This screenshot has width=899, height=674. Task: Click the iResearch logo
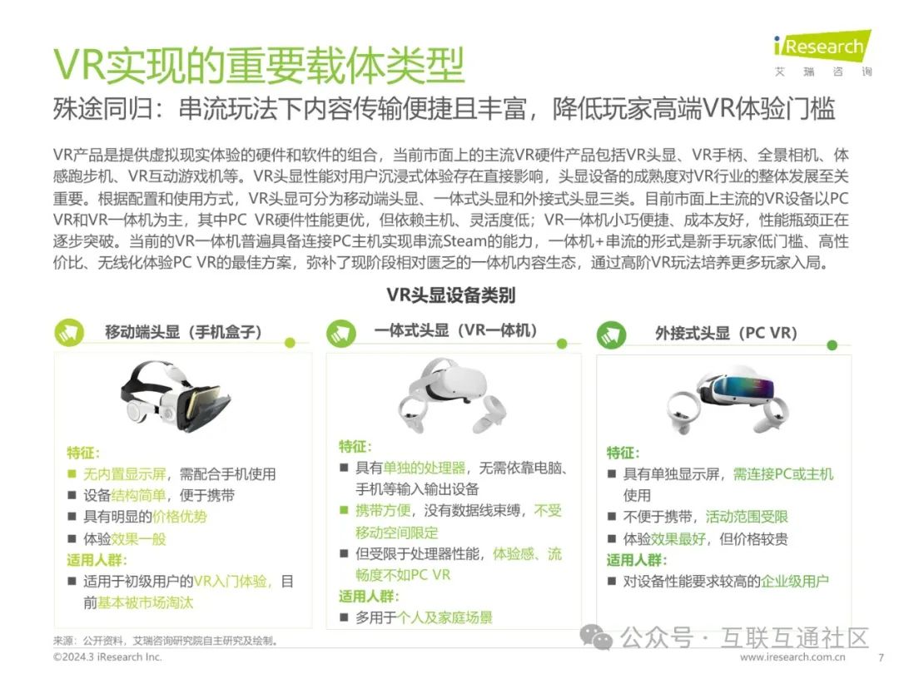(x=822, y=52)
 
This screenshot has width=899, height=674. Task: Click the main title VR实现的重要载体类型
(x=259, y=66)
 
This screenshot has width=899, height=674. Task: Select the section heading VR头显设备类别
(x=450, y=295)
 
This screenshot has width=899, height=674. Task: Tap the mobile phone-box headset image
(x=176, y=395)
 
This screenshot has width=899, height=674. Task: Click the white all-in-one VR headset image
(x=452, y=395)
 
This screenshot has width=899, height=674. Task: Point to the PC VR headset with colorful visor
(x=728, y=399)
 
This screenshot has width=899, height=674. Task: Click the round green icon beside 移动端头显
(x=69, y=332)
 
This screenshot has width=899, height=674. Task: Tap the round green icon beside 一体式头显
(x=341, y=333)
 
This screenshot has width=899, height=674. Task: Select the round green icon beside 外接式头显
(x=611, y=335)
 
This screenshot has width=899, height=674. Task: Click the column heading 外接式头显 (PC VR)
(x=726, y=333)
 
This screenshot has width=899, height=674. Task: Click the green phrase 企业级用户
(x=795, y=581)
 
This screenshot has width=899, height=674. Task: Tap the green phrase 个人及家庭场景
(x=445, y=617)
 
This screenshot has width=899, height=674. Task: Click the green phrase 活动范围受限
(x=747, y=517)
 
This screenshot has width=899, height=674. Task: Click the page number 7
(x=881, y=657)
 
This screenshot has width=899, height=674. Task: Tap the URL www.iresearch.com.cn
(x=792, y=657)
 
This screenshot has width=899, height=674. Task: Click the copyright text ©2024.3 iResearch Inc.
(x=107, y=657)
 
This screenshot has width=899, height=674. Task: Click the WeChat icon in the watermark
(x=596, y=637)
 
